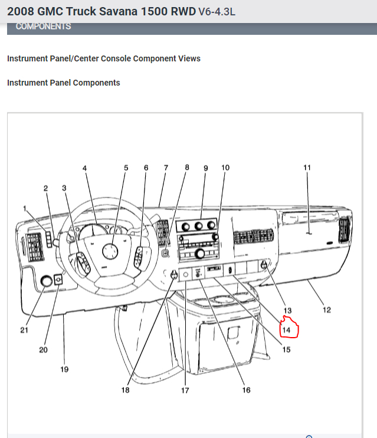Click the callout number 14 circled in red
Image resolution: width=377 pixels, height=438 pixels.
click(x=287, y=330)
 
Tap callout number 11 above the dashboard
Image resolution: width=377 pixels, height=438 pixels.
click(x=307, y=168)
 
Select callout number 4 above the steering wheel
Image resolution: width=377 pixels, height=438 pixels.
click(x=84, y=168)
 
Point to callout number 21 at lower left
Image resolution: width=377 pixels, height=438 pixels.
click(x=24, y=330)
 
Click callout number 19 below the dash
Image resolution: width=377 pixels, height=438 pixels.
click(x=64, y=370)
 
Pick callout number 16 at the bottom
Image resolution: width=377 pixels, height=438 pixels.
click(x=246, y=390)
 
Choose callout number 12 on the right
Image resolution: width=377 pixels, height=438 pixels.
click(x=326, y=310)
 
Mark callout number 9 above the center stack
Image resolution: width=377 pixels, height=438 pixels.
click(x=206, y=168)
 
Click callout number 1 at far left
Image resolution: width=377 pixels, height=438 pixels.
click(x=25, y=208)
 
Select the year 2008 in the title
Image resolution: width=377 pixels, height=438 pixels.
click(x=22, y=11)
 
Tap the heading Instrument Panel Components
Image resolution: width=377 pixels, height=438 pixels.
click(x=64, y=83)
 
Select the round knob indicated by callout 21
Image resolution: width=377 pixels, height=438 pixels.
click(x=46, y=282)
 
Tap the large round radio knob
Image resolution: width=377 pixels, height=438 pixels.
click(x=201, y=254)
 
